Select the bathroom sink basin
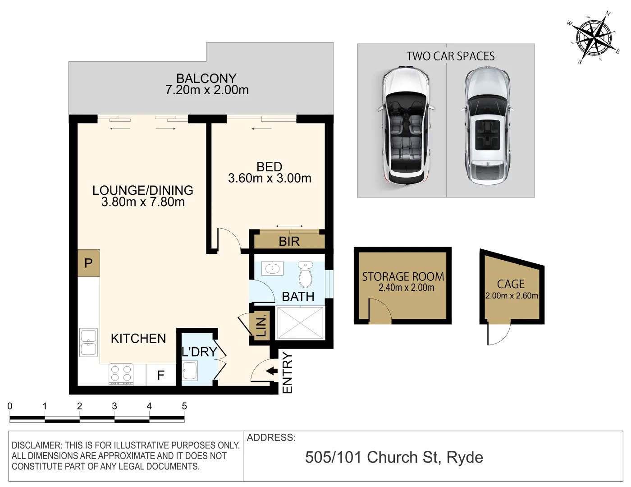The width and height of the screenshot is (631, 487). click(x=272, y=269)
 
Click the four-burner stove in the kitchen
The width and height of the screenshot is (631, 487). click(x=121, y=374)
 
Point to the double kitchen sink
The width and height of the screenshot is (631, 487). click(x=88, y=343)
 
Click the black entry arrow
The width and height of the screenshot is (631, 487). click(x=272, y=371)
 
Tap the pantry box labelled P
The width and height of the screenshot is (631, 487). click(x=88, y=263)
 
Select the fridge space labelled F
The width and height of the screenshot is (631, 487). click(x=160, y=375)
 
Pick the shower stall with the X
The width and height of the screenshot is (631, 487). click(x=300, y=323)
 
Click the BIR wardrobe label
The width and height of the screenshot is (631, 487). click(x=289, y=241)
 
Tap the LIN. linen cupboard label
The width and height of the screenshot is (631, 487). click(x=261, y=325)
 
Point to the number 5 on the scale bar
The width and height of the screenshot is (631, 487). click(x=184, y=406)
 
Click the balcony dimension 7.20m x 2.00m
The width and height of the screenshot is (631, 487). click(x=207, y=90)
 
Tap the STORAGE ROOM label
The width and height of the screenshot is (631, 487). click(x=403, y=276)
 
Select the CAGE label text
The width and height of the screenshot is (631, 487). click(x=511, y=284)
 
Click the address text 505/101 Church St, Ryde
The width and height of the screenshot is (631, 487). click(x=394, y=457)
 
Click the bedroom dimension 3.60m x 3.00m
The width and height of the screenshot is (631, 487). click(x=270, y=178)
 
